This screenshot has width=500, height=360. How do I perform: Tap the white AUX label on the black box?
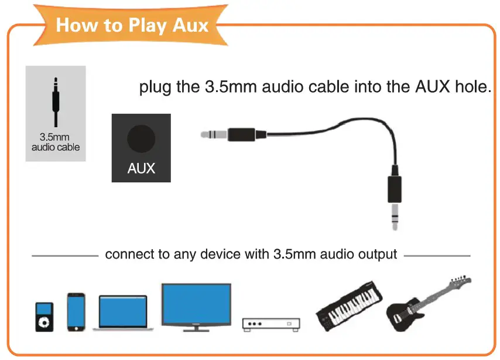point(142,169)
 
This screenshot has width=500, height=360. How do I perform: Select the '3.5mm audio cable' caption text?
point(56,143)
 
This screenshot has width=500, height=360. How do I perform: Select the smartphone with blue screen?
point(76,312)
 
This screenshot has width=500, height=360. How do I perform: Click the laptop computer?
point(123,314)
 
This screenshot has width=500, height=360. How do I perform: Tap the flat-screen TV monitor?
point(196,306)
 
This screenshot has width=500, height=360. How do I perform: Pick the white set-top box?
point(271,324)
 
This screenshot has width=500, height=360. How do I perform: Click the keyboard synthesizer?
point(350,305)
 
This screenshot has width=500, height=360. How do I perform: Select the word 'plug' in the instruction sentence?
point(156,89)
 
